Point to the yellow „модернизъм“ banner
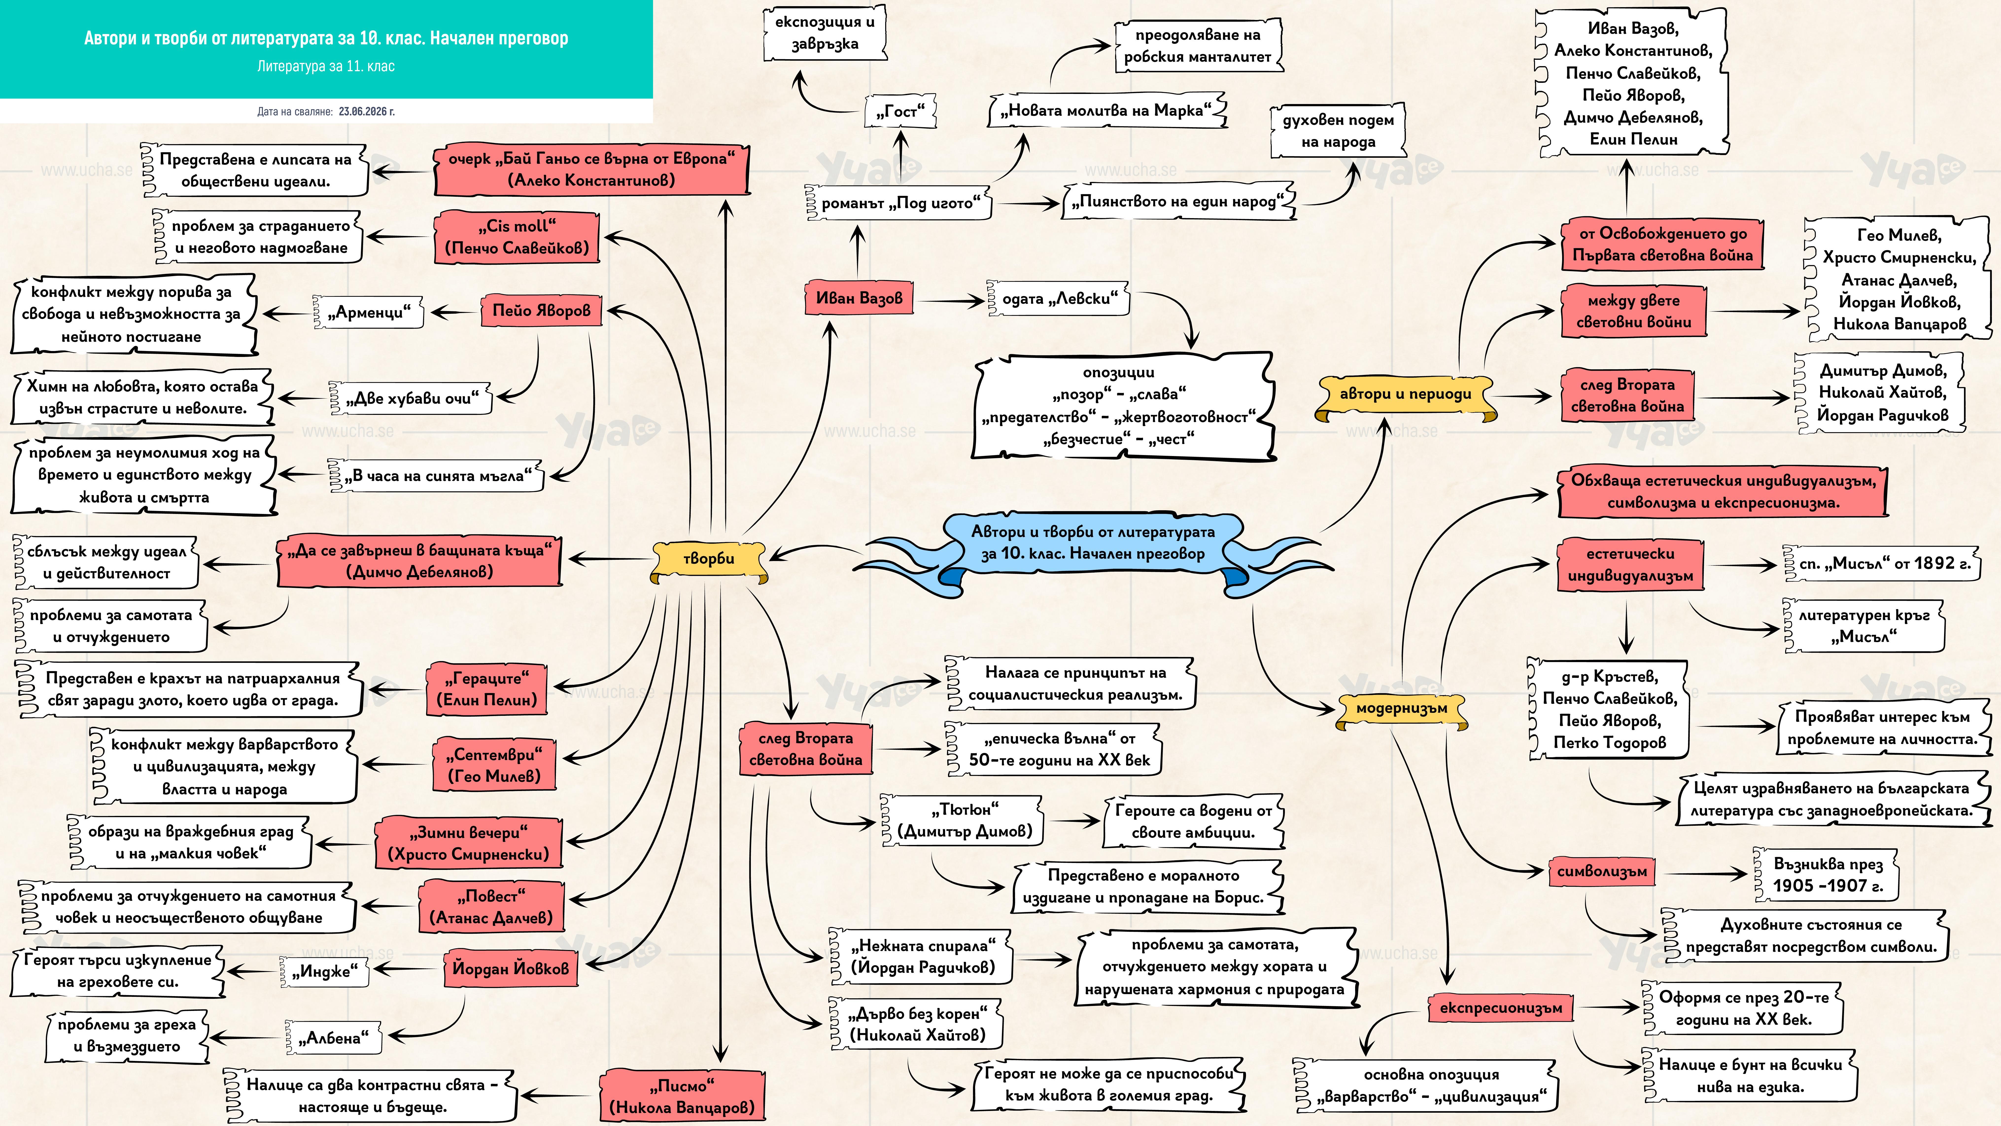(x=1401, y=709)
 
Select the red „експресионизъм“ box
(x=1500, y=1008)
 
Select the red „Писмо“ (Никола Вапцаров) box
(x=681, y=1096)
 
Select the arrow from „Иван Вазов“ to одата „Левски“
(x=949, y=299)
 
